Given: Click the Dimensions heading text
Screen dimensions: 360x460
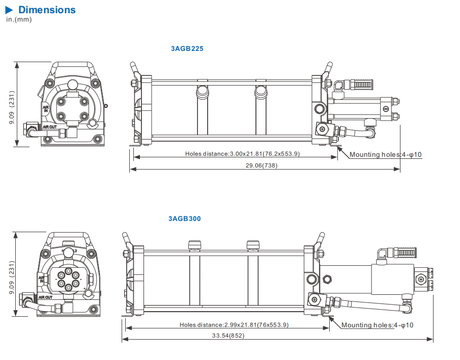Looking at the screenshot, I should click(x=47, y=10).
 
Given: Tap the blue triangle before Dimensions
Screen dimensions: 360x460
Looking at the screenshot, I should click(x=10, y=10).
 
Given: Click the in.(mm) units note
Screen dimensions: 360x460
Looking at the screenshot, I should click(x=19, y=19).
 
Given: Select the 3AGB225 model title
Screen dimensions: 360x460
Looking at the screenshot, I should click(x=187, y=49).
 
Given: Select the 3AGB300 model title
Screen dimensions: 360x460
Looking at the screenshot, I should click(x=185, y=219).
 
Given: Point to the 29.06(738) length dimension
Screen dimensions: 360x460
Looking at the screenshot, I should click(x=262, y=165).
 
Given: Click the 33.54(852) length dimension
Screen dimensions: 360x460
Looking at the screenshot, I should click(x=228, y=336).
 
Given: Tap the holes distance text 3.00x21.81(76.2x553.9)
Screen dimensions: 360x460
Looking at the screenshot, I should click(x=243, y=154).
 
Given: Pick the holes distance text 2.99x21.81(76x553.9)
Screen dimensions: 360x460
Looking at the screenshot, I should click(x=234, y=325).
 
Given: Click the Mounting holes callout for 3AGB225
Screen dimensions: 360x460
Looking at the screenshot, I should click(x=386, y=154).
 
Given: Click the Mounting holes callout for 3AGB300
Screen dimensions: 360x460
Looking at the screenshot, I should click(x=377, y=325).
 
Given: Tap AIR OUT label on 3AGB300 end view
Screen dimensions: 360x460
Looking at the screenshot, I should click(x=45, y=297).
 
